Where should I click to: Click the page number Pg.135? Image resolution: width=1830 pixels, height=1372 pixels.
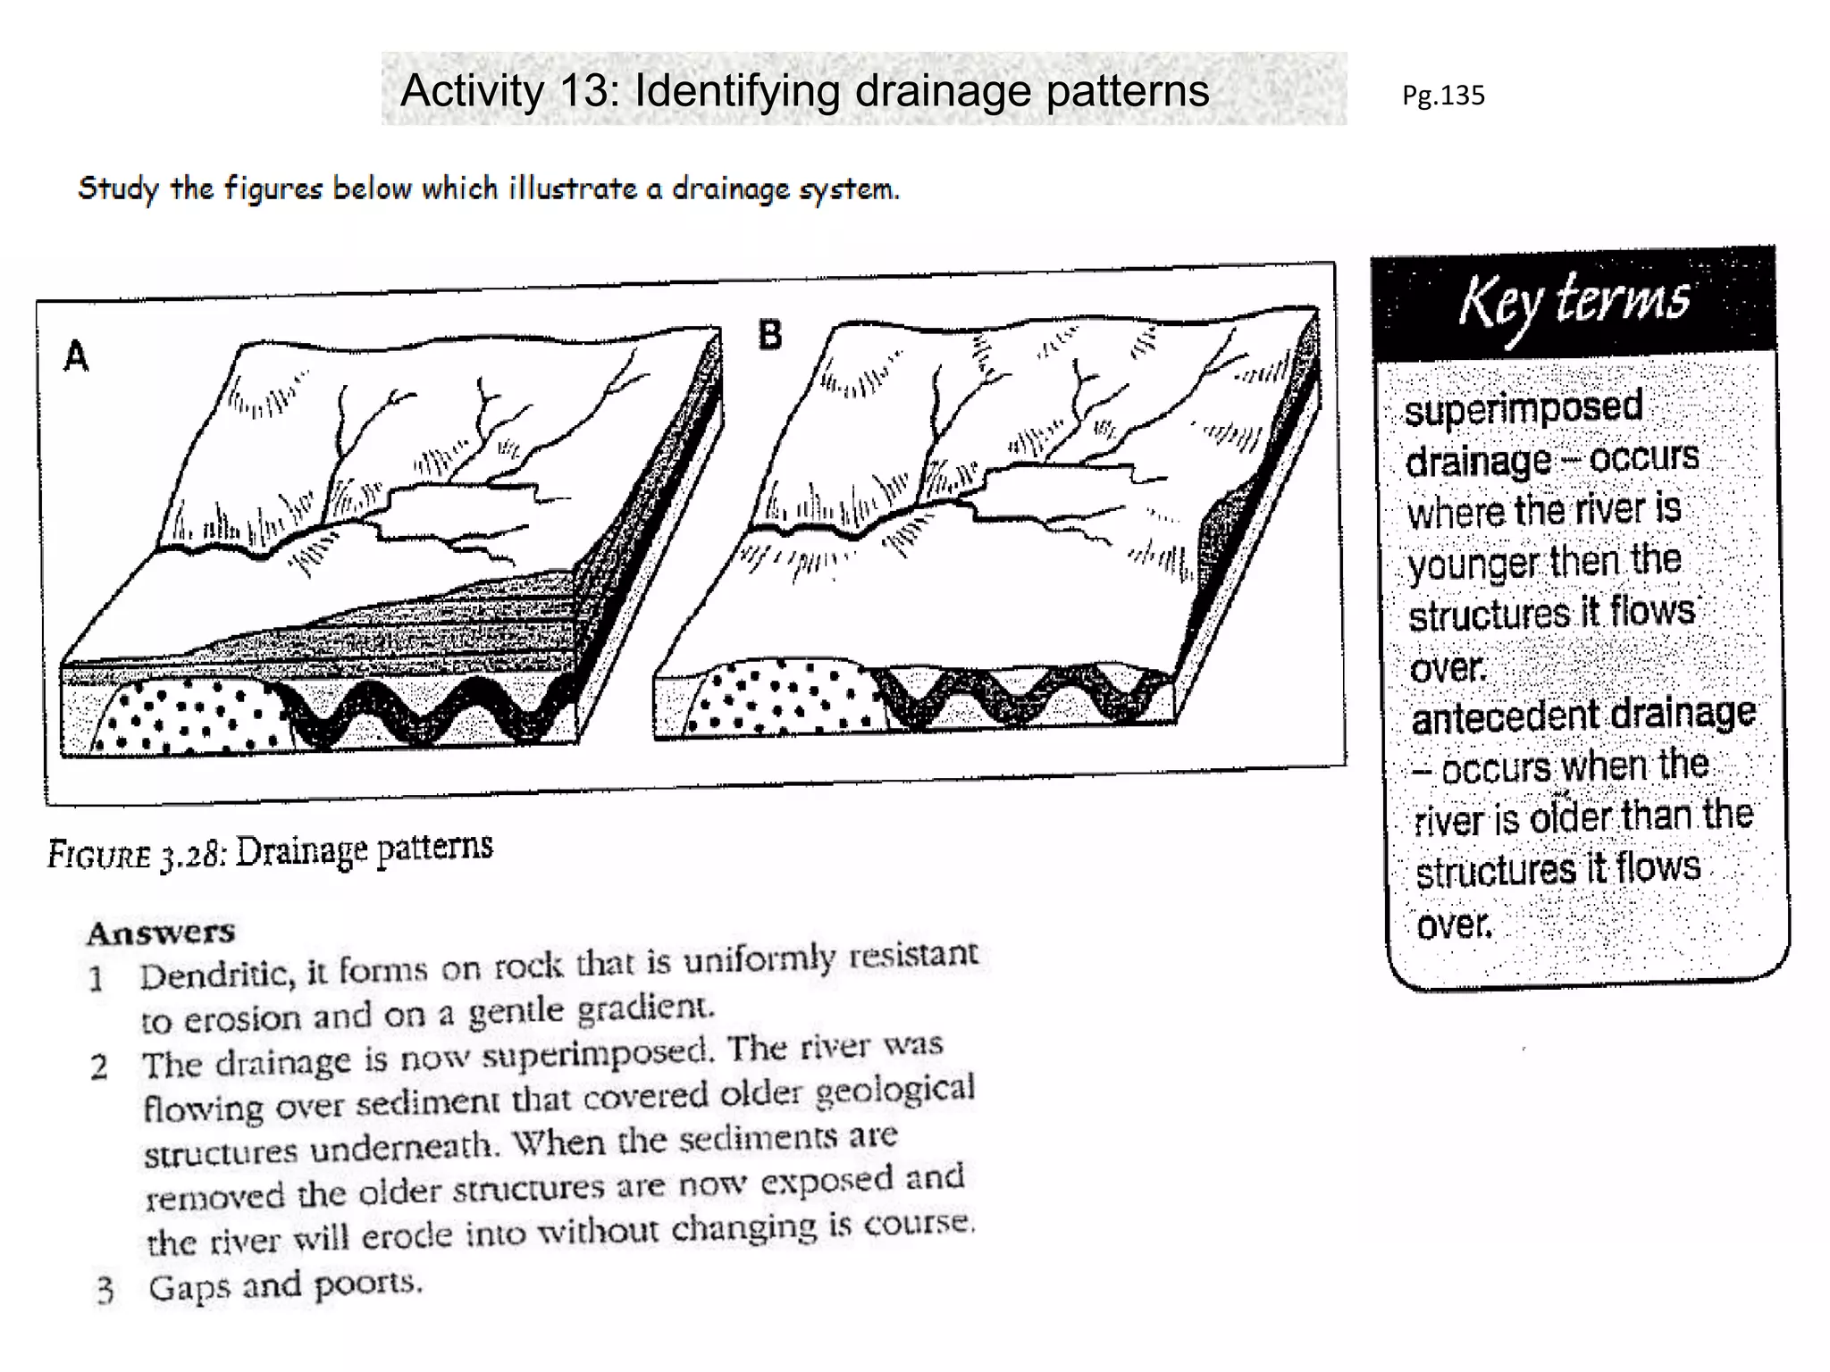(x=1442, y=95)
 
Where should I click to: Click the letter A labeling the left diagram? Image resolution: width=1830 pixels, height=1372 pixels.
(x=76, y=356)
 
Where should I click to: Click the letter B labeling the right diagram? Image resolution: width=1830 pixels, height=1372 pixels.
(x=769, y=335)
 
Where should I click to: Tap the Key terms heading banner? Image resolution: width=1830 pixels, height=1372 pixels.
(x=1574, y=302)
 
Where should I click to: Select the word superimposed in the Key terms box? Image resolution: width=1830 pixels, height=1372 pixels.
(x=1523, y=408)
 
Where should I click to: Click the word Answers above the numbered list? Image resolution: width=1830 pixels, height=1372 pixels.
(x=161, y=933)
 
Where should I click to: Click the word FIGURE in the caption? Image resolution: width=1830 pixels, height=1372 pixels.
(x=98, y=855)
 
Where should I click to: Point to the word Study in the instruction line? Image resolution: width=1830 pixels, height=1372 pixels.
(x=117, y=188)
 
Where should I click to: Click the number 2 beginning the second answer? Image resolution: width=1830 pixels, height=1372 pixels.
(x=98, y=1067)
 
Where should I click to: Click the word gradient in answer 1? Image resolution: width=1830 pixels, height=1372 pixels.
(x=644, y=1008)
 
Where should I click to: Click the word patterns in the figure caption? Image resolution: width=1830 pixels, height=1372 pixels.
(x=434, y=847)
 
